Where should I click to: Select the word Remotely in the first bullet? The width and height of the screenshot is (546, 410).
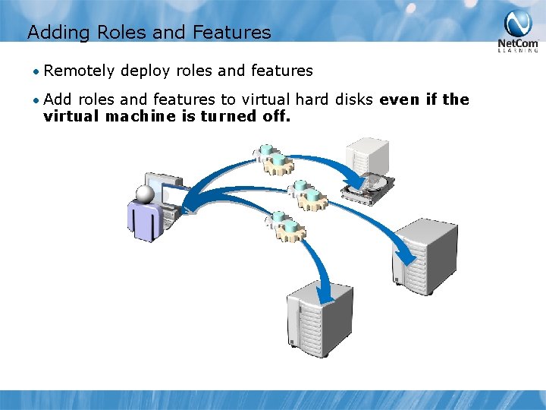pos(80,71)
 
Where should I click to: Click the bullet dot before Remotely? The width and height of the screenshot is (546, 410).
pos(36,71)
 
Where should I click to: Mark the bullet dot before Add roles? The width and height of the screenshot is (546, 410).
pos(36,100)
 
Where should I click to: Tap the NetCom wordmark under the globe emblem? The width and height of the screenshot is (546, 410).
pos(518,43)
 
